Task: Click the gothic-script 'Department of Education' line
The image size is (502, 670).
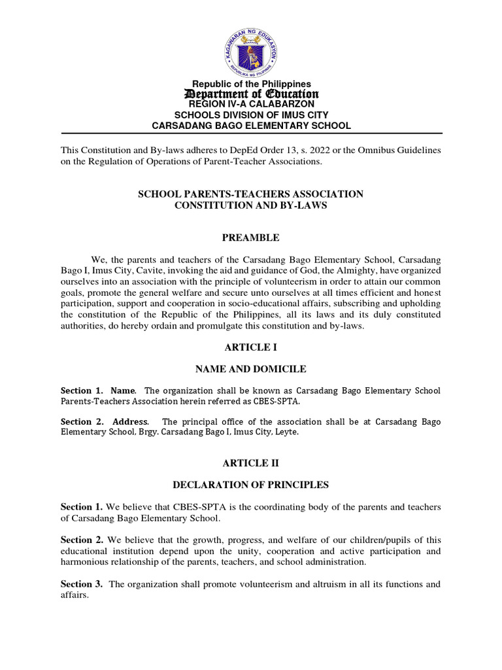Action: [x=251, y=95]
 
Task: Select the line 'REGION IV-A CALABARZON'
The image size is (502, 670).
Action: [x=251, y=104]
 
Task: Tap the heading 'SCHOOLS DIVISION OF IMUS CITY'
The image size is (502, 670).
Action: [x=251, y=115]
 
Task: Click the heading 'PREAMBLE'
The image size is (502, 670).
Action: [x=251, y=238]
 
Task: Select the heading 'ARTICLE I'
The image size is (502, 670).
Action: [x=251, y=347]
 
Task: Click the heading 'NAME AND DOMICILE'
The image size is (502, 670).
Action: [x=251, y=370]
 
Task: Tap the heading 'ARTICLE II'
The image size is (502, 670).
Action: [x=251, y=463]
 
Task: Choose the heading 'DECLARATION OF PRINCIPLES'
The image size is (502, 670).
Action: [x=251, y=485]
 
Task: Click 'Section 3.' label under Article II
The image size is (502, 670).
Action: [x=82, y=584]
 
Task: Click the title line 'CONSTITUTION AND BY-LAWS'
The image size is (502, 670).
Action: [x=251, y=205]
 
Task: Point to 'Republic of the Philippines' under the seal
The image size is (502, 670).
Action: [x=251, y=84]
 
